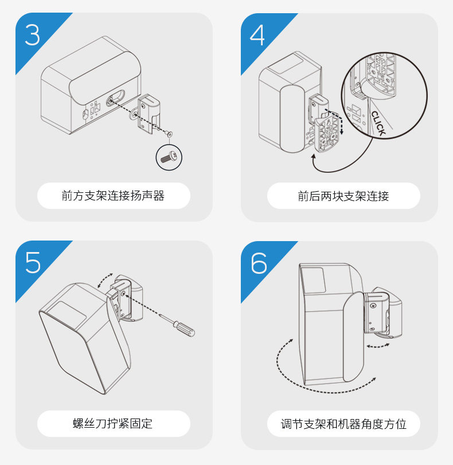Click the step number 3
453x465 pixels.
click(x=32, y=34)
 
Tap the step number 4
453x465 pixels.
click(x=257, y=34)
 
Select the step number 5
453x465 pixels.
click(x=33, y=262)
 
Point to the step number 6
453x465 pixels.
click(x=259, y=262)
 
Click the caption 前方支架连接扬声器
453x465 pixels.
click(x=113, y=196)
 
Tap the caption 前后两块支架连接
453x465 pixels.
click(x=343, y=196)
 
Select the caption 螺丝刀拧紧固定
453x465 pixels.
click(x=112, y=424)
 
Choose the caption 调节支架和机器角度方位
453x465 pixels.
click(x=343, y=424)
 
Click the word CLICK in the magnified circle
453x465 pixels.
click(x=379, y=123)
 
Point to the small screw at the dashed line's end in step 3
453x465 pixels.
click(x=169, y=134)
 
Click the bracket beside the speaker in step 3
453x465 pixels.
click(x=149, y=113)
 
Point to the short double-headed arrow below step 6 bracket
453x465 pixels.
click(x=378, y=346)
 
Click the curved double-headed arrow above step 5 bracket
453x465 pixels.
click(x=105, y=280)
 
